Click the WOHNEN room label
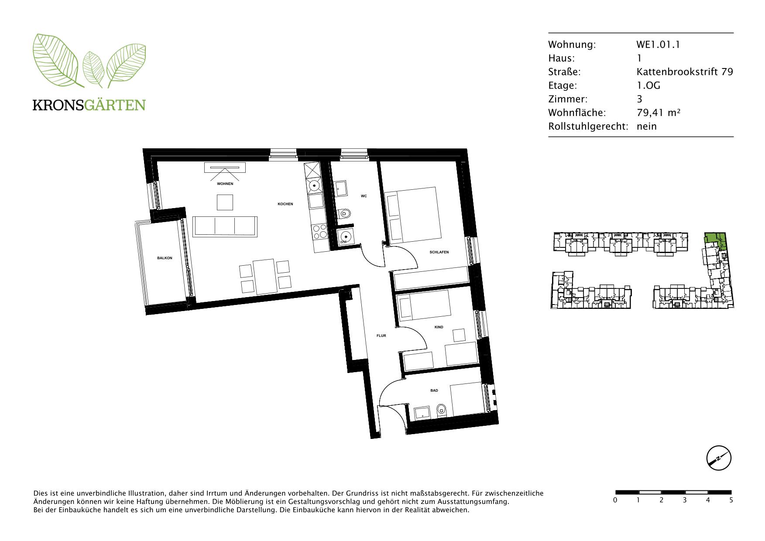tap(225, 184)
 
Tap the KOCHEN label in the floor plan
tap(285, 204)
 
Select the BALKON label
tap(165, 258)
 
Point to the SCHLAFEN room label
tap(439, 252)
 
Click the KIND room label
tap(439, 327)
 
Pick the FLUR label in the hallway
tap(381, 336)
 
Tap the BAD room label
tap(434, 390)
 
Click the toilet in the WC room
tap(344, 214)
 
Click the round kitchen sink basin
tap(314, 185)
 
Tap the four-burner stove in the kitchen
tap(319, 231)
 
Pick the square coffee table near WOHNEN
tap(225, 202)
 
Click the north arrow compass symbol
tap(718, 459)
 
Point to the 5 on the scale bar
tap(731, 500)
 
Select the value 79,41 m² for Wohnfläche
tap(659, 113)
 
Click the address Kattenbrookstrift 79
tap(685, 72)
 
